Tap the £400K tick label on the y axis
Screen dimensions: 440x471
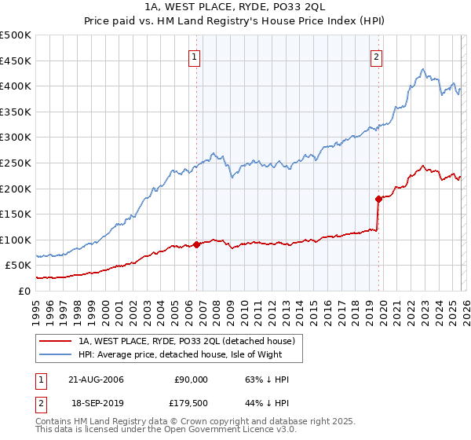(16, 86)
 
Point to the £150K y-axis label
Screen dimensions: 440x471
(16, 214)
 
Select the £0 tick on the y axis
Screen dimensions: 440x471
(24, 291)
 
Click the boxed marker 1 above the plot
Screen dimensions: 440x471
(194, 57)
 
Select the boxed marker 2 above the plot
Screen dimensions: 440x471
(377, 57)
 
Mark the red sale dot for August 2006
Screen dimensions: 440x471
(196, 244)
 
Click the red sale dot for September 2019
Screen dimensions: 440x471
(378, 199)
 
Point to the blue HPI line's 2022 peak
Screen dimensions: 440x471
(422, 69)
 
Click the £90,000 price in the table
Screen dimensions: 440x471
(190, 379)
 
